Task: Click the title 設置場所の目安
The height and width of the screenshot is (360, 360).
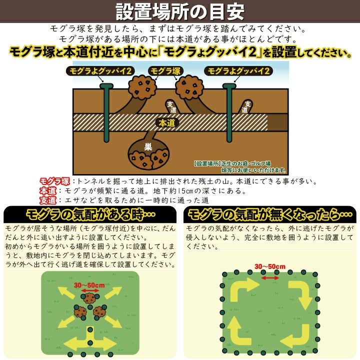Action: click(180, 11)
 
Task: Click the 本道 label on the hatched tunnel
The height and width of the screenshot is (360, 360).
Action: click(167, 123)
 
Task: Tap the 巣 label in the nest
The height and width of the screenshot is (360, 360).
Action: click(148, 146)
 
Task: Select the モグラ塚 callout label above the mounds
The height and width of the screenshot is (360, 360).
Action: click(165, 71)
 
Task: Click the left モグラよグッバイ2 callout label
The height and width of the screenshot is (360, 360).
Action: click(100, 71)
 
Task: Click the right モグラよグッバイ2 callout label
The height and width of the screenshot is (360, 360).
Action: click(238, 71)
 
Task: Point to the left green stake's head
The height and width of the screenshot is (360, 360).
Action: click(106, 86)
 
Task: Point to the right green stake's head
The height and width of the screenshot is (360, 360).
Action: click(229, 86)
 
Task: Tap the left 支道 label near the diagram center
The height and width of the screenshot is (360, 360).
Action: click(171, 107)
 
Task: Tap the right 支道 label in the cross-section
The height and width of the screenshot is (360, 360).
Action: click(246, 106)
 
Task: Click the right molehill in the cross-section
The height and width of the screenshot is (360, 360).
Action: click(189, 87)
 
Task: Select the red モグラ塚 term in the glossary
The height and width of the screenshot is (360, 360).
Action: click(54, 181)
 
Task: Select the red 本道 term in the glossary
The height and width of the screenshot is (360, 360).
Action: click(48, 191)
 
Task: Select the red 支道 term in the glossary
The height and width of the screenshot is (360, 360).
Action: click(48, 200)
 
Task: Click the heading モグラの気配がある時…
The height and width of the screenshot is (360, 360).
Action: click(90, 214)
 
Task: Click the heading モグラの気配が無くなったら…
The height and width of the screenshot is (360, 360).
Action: click(270, 214)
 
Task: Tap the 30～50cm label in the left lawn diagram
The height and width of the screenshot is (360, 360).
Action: click(89, 285)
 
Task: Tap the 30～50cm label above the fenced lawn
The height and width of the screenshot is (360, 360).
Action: click(270, 266)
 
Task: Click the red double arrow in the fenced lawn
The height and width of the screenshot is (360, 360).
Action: click(270, 278)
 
